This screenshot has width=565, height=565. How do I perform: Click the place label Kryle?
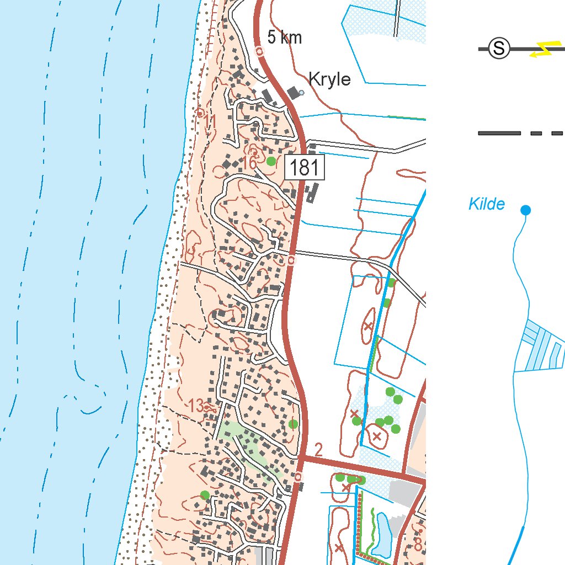[329, 79]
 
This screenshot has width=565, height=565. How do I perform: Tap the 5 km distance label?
[284, 38]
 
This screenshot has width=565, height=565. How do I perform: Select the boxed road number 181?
[305, 168]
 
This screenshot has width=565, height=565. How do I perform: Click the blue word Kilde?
[486, 205]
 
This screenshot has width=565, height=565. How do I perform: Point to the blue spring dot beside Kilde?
[525, 210]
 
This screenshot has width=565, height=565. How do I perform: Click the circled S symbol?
[499, 49]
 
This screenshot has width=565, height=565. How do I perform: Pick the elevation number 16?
[249, 163]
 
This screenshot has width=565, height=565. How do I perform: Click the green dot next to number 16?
[271, 161]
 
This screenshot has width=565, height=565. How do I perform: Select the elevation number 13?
[196, 406]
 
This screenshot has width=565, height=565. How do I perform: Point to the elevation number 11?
[210, 121]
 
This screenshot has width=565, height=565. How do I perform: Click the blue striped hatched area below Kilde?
[543, 348]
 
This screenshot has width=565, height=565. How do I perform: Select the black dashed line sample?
[519, 133]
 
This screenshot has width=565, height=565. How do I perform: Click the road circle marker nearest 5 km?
[260, 51]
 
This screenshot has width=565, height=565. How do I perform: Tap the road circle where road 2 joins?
[299, 476]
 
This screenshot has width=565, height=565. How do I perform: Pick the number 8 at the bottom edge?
[418, 544]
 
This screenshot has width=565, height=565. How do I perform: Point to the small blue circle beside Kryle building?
[301, 93]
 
